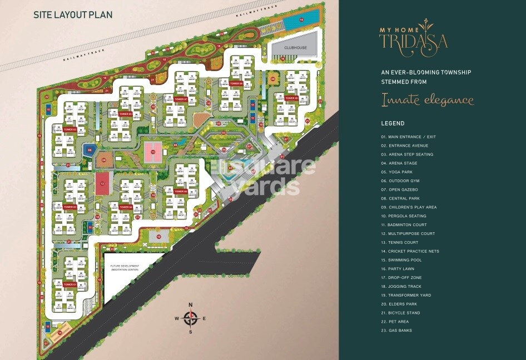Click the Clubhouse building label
pyautogui.click(x=295, y=48)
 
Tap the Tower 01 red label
pyautogui.click(x=69, y=284)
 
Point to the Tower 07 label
pyautogui.click(x=180, y=99)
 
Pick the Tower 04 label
pyautogui.click(x=126, y=207)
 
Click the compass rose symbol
pyautogui.click(x=191, y=318)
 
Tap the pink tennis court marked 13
pyautogui.click(x=152, y=150)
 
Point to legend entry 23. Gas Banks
pyautogui.click(x=396, y=331)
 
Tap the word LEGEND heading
pyautogui.click(x=393, y=123)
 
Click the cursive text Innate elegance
pyautogui.click(x=427, y=100)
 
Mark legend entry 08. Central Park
pyautogui.click(x=400, y=198)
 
